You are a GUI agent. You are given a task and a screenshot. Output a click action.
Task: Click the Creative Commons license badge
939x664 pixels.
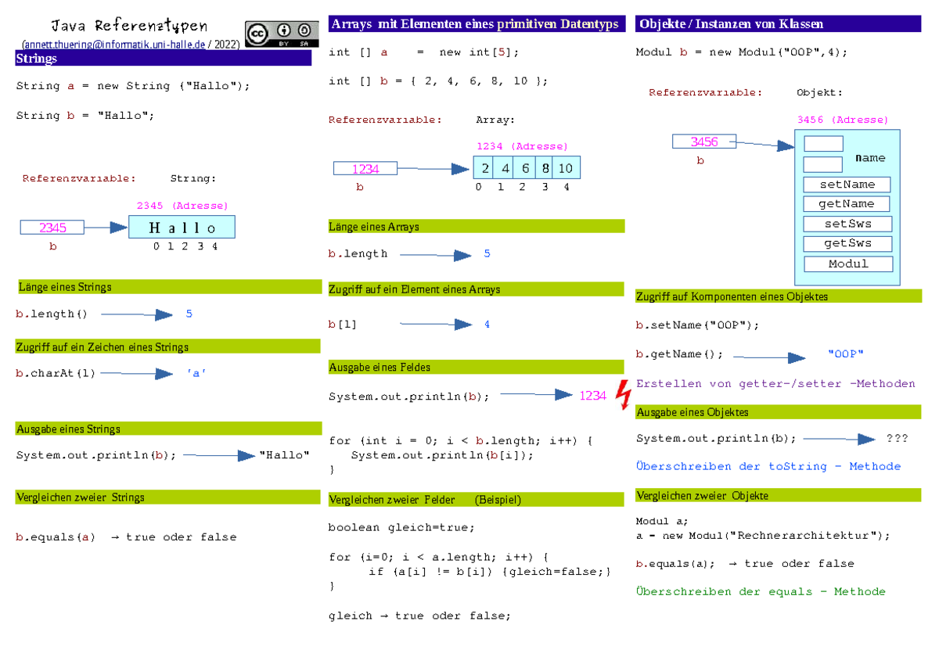tap(282, 34)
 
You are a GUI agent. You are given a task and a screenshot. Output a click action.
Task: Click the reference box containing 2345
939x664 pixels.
tap(52, 228)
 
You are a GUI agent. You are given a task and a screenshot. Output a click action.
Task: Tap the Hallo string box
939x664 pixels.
tap(182, 227)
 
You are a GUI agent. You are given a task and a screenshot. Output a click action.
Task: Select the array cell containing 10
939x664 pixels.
tap(566, 168)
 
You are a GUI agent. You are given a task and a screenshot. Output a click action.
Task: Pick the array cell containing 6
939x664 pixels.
tap(525, 168)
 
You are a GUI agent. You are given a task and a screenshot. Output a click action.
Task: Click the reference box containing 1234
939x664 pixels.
tap(365, 168)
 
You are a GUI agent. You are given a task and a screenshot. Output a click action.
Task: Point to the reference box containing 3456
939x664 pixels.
tap(704, 142)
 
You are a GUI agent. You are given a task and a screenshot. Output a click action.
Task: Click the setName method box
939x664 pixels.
tap(847, 185)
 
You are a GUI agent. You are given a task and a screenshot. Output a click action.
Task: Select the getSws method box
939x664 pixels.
tap(847, 243)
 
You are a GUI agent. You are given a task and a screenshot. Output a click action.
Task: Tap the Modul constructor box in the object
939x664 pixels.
tap(848, 264)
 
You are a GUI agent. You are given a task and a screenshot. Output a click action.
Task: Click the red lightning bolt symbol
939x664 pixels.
tap(624, 395)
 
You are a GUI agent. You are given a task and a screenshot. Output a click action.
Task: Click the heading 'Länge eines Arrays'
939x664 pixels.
tap(374, 227)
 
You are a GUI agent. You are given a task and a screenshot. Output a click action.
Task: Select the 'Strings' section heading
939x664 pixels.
tap(37, 58)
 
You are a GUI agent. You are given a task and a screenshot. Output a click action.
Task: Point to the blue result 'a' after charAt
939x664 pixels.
tap(196, 373)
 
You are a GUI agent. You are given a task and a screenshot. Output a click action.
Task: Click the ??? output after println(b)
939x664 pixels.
tap(897, 438)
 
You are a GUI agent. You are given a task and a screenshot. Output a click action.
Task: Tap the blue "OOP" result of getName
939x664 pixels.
tap(846, 354)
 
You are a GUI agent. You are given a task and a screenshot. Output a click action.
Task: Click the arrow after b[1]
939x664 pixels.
tap(436, 324)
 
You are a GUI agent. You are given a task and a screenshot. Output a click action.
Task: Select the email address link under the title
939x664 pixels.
tap(115, 45)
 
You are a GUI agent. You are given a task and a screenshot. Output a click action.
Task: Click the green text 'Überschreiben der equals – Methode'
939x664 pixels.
tap(761, 591)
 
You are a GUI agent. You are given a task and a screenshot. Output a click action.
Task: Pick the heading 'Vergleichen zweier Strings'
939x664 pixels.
tap(81, 497)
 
